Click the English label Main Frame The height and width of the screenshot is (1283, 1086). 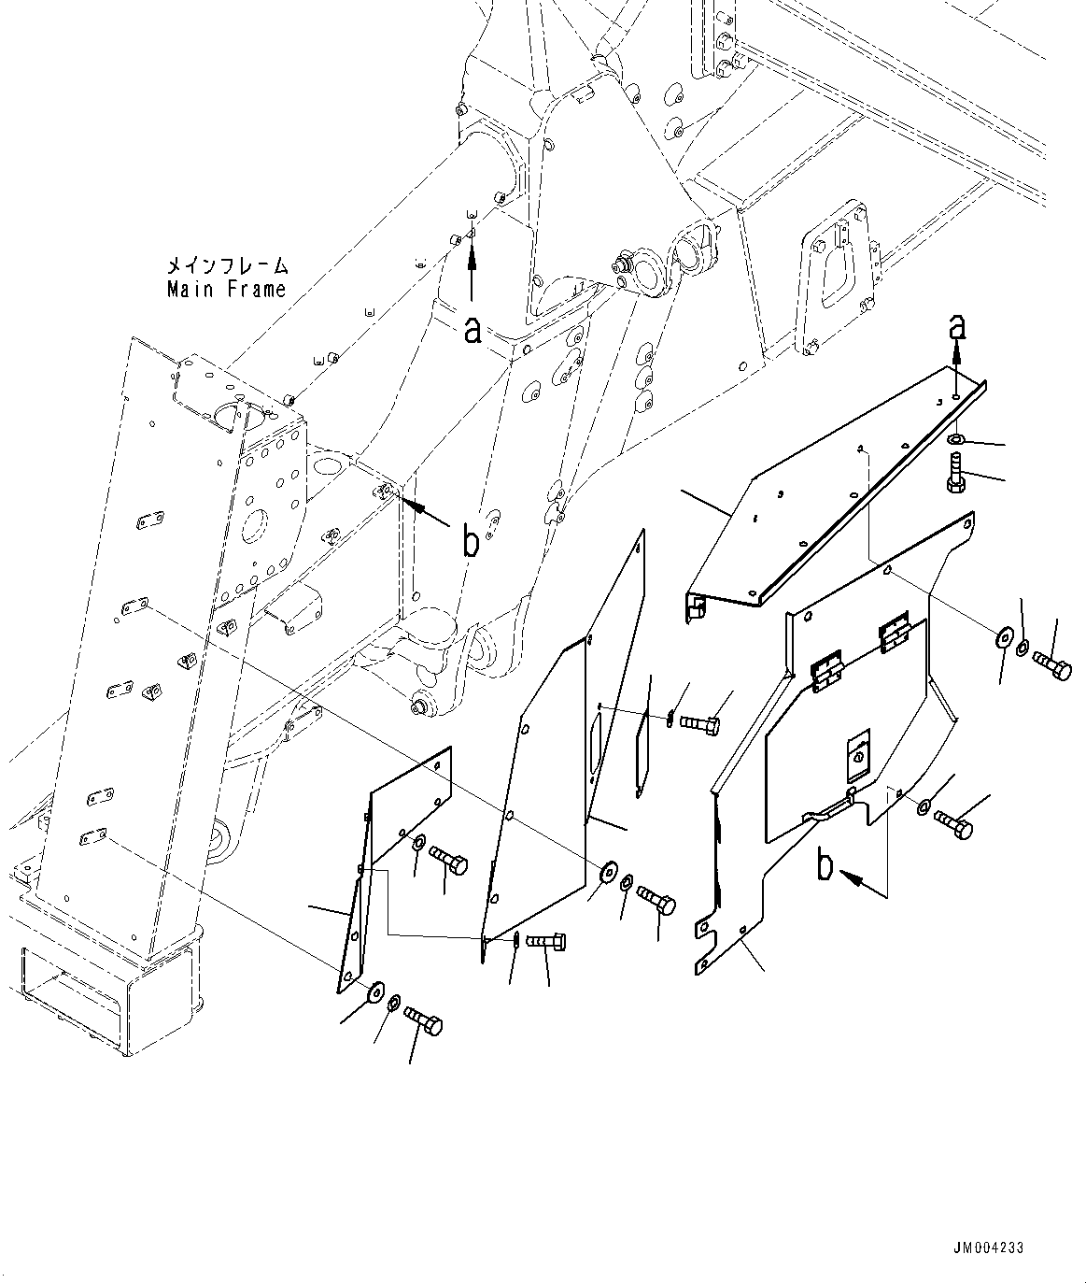(226, 290)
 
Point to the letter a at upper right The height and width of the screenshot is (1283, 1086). (955, 326)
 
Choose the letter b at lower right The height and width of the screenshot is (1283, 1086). (825, 865)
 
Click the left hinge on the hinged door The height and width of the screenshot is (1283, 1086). (827, 671)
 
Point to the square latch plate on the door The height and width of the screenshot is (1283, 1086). (857, 759)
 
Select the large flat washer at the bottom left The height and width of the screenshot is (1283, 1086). (376, 991)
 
